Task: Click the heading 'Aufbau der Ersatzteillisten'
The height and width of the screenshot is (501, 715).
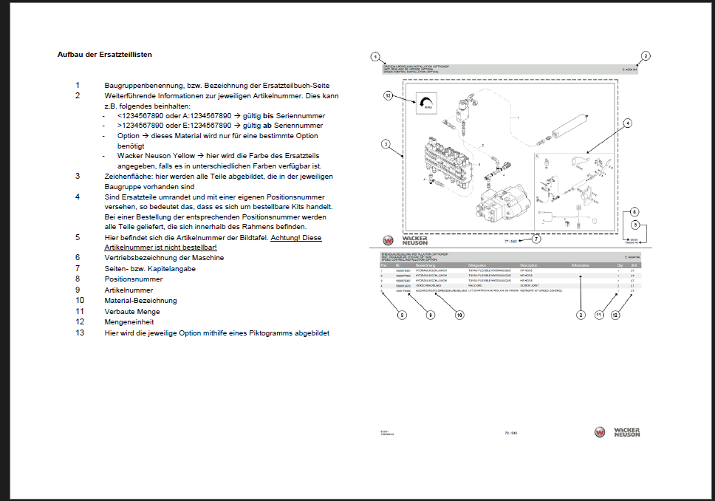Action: coord(105,54)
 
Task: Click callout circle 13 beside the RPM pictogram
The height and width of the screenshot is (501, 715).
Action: coord(387,95)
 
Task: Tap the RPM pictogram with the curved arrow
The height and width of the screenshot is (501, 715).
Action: coord(425,105)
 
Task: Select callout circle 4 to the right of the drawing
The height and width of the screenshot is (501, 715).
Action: coord(627,123)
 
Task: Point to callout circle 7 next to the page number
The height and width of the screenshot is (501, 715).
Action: coord(536,239)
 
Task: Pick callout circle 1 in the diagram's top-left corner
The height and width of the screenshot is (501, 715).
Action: coord(375,57)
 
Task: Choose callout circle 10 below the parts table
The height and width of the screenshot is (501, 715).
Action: coord(459,315)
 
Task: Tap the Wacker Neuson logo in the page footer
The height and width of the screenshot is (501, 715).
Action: coord(616,432)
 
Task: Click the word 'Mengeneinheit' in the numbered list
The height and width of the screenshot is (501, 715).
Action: coord(130,322)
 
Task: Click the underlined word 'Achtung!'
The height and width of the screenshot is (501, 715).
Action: coord(286,237)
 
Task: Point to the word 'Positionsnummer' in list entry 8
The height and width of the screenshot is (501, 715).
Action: coord(134,279)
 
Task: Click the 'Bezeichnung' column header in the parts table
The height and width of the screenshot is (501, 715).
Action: coord(426,265)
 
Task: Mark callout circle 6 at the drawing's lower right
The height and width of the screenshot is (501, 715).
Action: coord(634,211)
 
